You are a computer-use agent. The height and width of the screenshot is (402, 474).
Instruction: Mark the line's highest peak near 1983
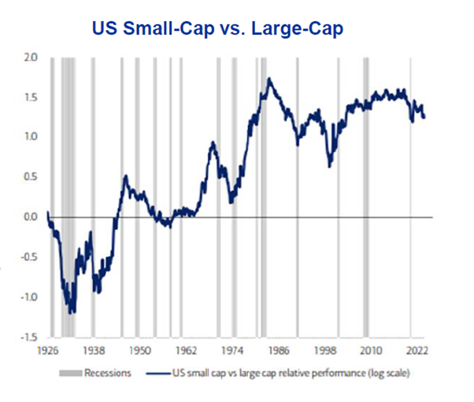269,78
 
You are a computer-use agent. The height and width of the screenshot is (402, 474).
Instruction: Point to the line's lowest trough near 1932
72,313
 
